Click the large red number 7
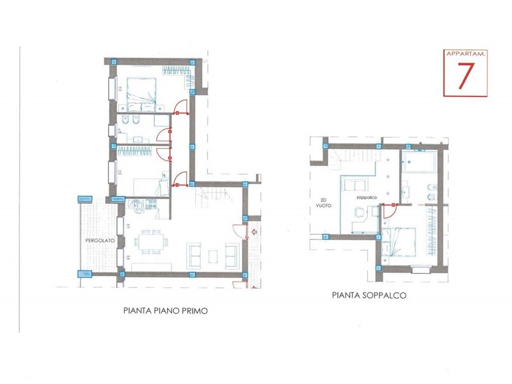coord(465,76)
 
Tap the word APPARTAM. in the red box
coord(466,54)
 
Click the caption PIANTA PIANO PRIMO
coord(166,310)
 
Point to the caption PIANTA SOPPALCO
coord(369,295)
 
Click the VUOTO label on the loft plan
coord(323,205)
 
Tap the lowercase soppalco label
coord(367,198)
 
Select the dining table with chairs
coord(151,242)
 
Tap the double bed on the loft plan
coord(399,242)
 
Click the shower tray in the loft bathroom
coord(419,162)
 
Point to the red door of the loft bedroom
coord(389,211)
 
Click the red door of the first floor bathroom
coord(164,135)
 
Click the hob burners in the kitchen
coord(152,204)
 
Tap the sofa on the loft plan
coord(355,186)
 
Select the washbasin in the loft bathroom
coord(406,193)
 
